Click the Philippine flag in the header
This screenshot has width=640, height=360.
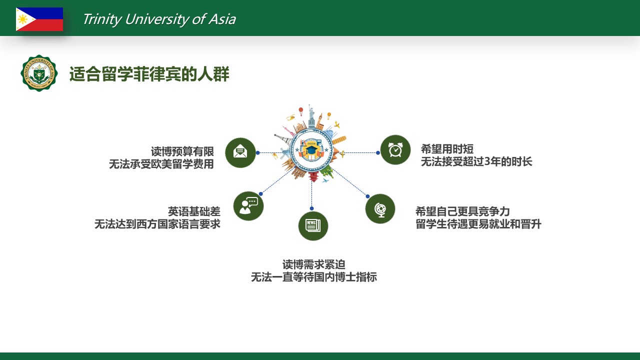click(x=39, y=19)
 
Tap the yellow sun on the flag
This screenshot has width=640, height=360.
click(x=22, y=19)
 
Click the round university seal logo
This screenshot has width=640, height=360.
click(x=39, y=73)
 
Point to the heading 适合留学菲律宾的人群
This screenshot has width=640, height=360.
click(x=149, y=74)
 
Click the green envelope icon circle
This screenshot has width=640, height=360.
click(x=240, y=152)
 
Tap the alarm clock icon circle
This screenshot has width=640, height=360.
click(x=395, y=149)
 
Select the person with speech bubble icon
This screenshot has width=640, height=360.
click(x=248, y=205)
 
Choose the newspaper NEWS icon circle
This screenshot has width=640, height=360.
click(x=313, y=225)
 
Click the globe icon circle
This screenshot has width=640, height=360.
click(x=380, y=208)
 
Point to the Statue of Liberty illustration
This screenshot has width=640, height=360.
click(x=311, y=115)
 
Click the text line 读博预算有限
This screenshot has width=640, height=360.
click(x=182, y=151)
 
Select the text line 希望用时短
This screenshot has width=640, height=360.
click(x=447, y=149)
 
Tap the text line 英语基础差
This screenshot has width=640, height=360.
click(x=194, y=211)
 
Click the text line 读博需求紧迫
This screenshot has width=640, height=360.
click(x=313, y=264)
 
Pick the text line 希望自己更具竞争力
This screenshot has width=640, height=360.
click(x=462, y=211)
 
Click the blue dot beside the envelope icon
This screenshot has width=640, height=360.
click(x=257, y=153)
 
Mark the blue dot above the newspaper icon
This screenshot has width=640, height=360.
click(x=311, y=208)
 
